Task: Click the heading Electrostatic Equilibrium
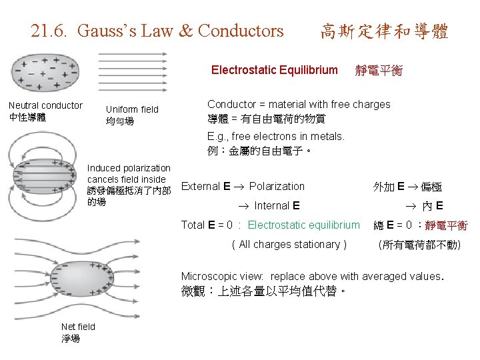[274, 70]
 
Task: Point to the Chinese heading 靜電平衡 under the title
[379, 71]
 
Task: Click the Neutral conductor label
[45, 105]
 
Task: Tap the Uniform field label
[132, 109]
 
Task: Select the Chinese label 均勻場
[120, 121]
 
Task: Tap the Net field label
[78, 326]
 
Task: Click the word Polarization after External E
[277, 187]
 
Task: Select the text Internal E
[277, 205]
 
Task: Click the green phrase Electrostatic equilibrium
[303, 225]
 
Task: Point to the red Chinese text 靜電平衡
[446, 225]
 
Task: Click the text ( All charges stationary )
[289, 244]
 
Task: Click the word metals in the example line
[325, 136]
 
